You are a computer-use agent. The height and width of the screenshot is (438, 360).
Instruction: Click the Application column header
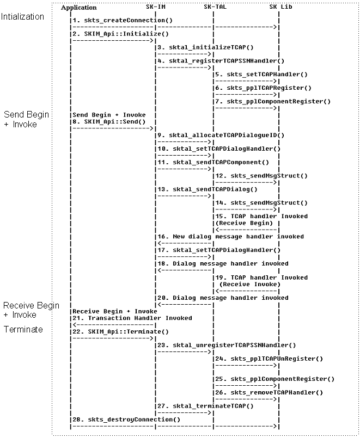pyautogui.click(x=79, y=8)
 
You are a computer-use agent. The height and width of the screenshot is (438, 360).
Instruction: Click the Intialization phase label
pyautogui.click(x=23, y=17)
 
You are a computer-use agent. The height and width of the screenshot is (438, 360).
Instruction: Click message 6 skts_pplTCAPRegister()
pyautogui.click(x=263, y=88)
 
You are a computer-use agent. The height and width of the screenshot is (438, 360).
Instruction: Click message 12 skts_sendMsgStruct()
pyautogui.click(x=261, y=176)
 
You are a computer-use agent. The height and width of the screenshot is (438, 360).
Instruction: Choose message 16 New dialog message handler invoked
pyautogui.click(x=230, y=237)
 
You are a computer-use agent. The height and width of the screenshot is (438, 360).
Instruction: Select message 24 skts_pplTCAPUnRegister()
pyautogui.click(x=269, y=359)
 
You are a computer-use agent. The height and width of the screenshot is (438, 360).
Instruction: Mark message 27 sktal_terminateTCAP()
pyautogui.click(x=206, y=406)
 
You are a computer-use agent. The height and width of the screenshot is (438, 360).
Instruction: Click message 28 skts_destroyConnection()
pyautogui.click(x=125, y=420)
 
